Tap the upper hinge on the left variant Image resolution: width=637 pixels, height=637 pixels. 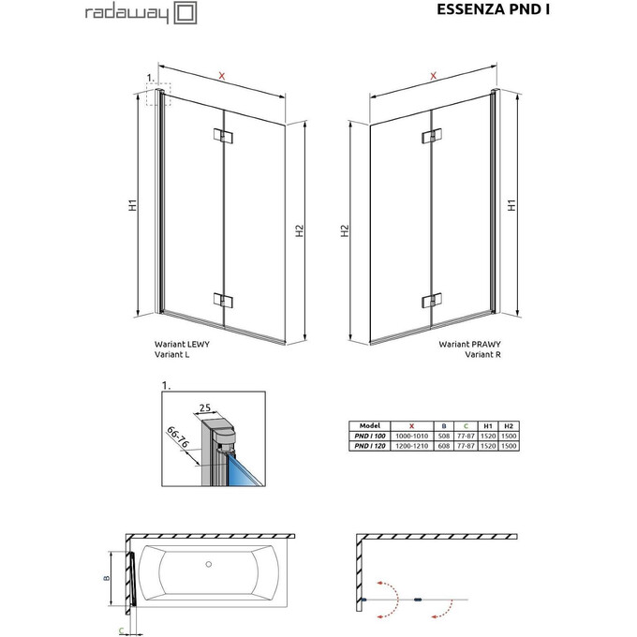point(223,137)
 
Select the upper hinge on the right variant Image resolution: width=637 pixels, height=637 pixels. point(431,137)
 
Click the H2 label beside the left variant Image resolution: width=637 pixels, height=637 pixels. point(299,232)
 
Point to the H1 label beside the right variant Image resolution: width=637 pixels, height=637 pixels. point(512,204)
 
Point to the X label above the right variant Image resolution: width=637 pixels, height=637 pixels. point(434,75)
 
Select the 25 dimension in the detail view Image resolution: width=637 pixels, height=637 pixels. point(204,407)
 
